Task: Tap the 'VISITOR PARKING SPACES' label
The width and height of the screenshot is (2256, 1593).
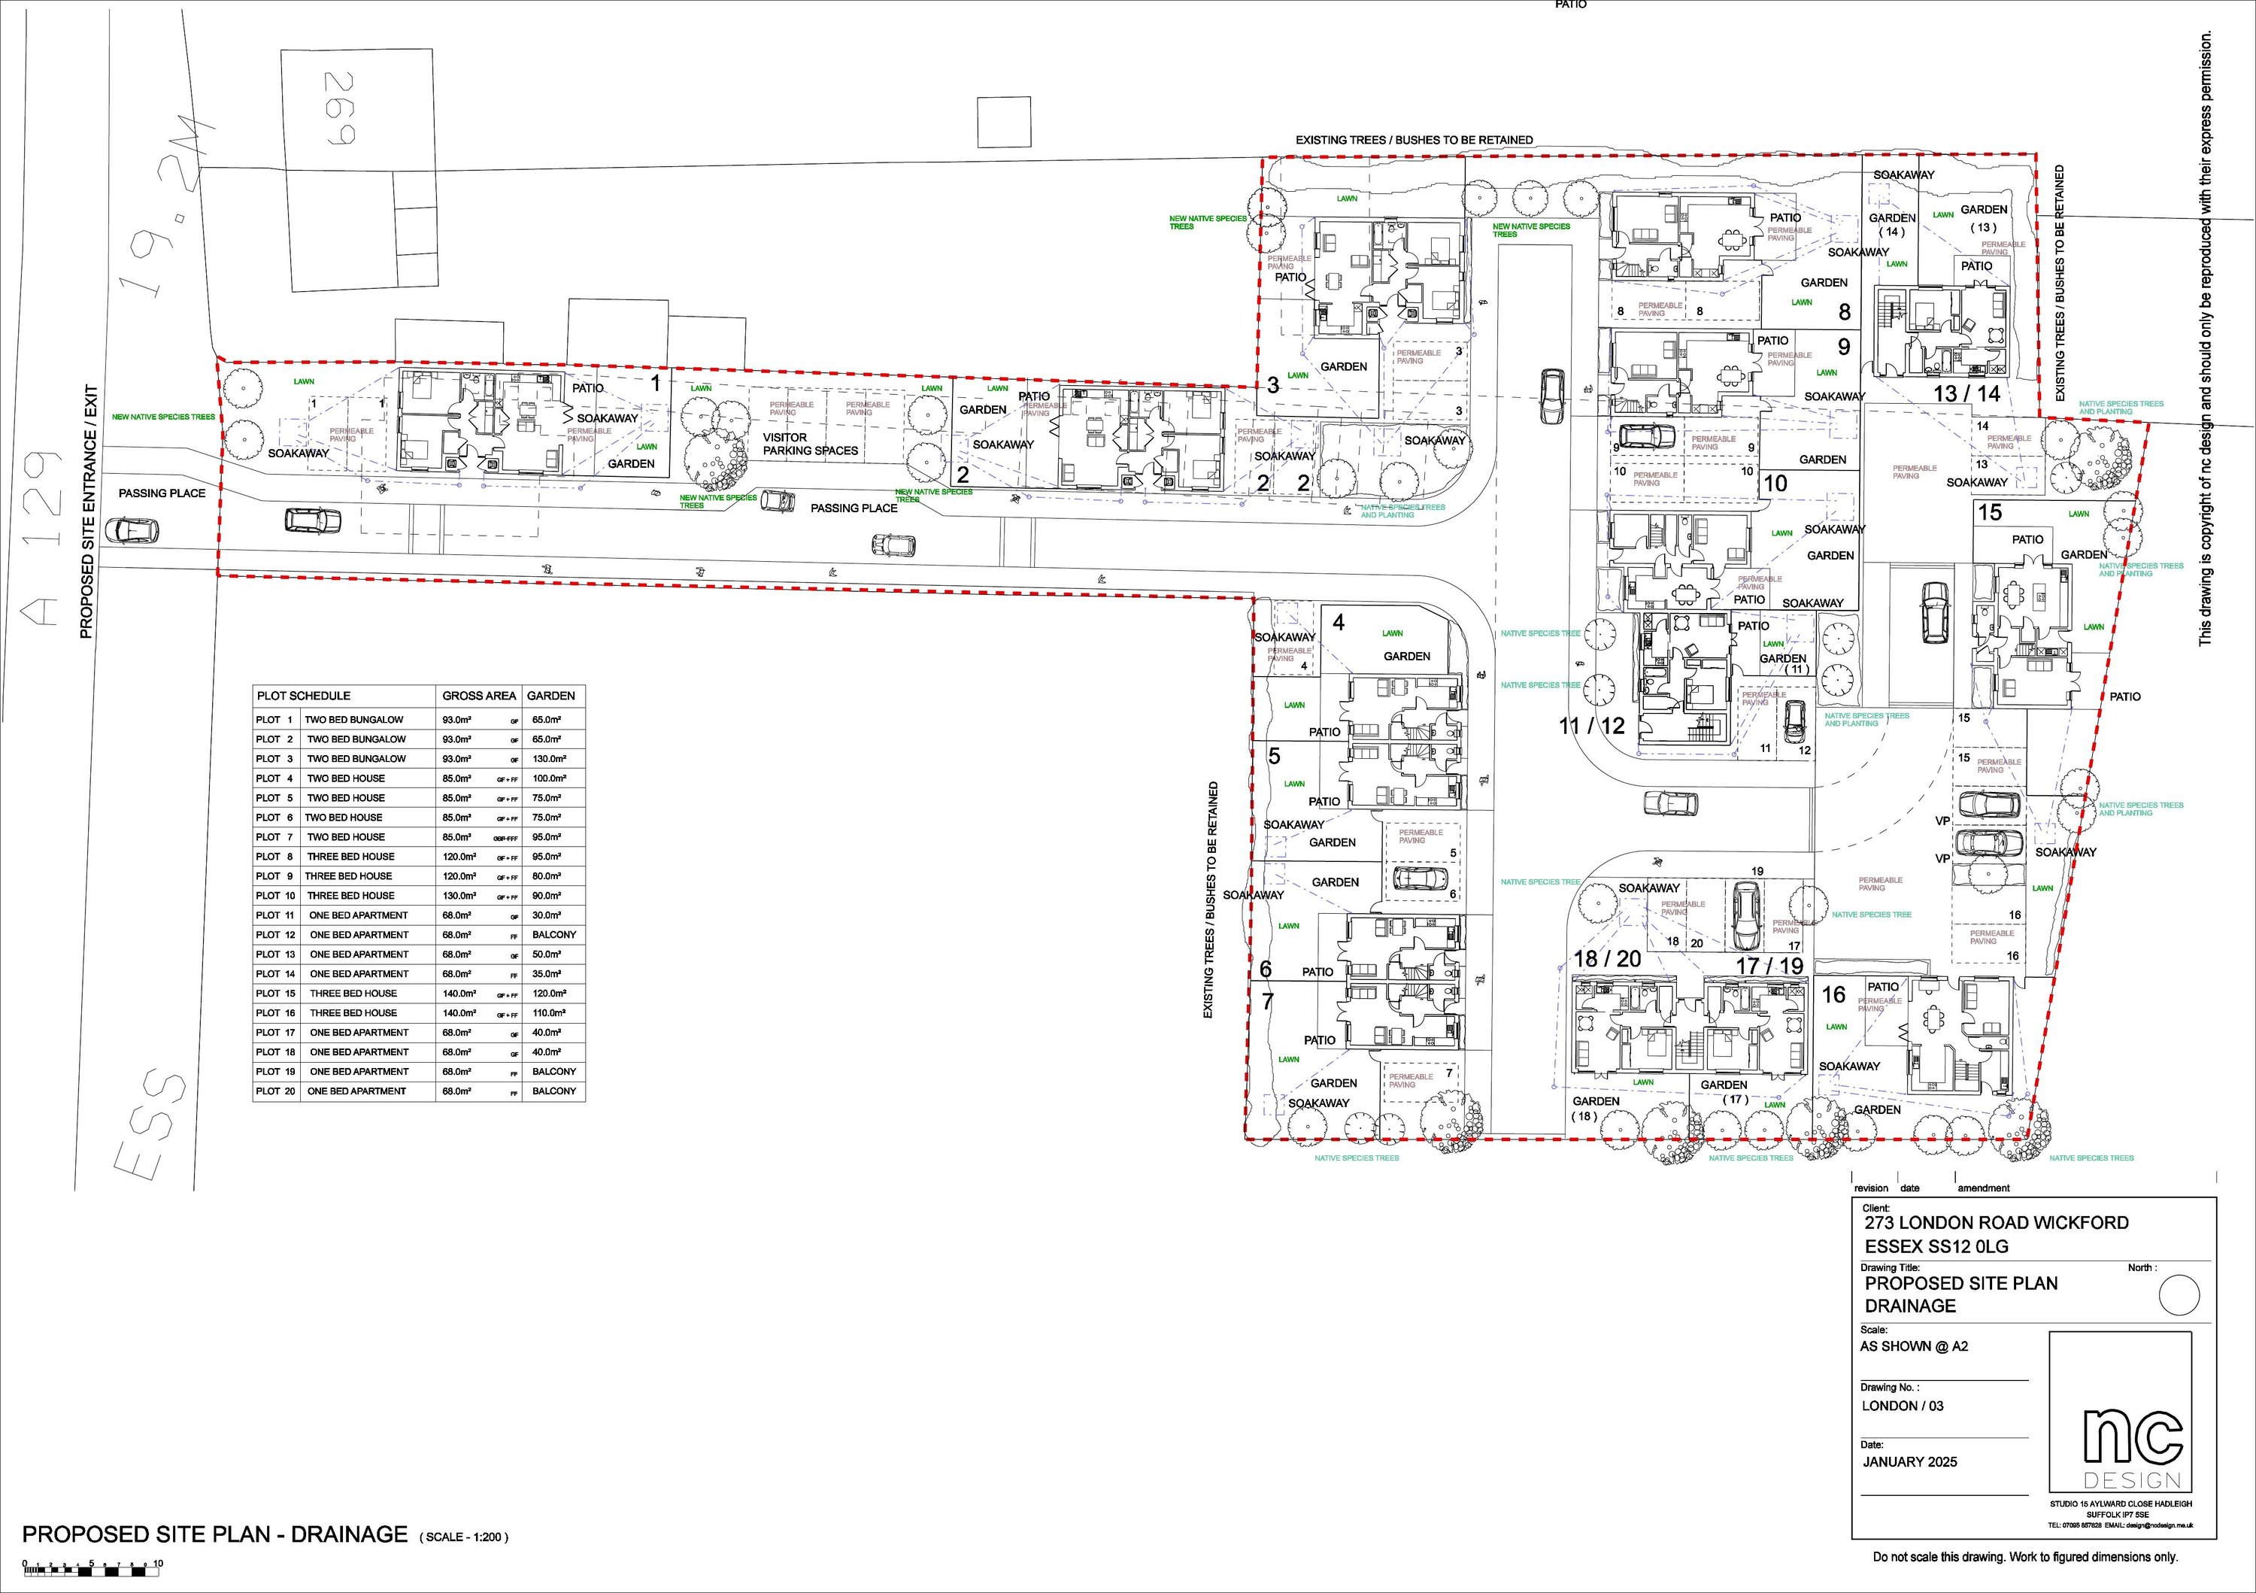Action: click(x=810, y=445)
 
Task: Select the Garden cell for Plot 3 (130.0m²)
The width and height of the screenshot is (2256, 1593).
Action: click(x=550, y=759)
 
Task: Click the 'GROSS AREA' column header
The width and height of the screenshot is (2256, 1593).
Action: click(x=478, y=696)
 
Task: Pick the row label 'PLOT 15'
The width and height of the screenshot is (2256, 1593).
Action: click(x=275, y=994)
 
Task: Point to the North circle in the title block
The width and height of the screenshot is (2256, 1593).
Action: click(x=2179, y=1296)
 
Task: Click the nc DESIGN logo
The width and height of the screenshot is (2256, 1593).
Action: click(x=2118, y=1412)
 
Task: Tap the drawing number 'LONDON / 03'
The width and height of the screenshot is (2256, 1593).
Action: click(x=1903, y=1405)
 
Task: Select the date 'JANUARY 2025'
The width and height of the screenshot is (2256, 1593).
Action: click(x=1909, y=1461)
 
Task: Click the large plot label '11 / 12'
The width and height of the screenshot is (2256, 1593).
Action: click(x=1592, y=727)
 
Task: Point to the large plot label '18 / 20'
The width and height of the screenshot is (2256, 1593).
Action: click(x=1608, y=959)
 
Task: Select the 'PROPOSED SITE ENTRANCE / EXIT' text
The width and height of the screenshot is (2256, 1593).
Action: click(x=86, y=511)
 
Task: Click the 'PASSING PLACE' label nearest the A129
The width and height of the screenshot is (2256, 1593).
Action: click(x=162, y=493)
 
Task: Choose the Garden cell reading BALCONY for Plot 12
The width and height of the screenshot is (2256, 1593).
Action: click(x=554, y=935)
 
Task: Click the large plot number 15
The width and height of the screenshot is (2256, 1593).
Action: click(x=1990, y=512)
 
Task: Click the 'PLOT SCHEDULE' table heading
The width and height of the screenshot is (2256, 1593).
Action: click(x=304, y=696)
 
